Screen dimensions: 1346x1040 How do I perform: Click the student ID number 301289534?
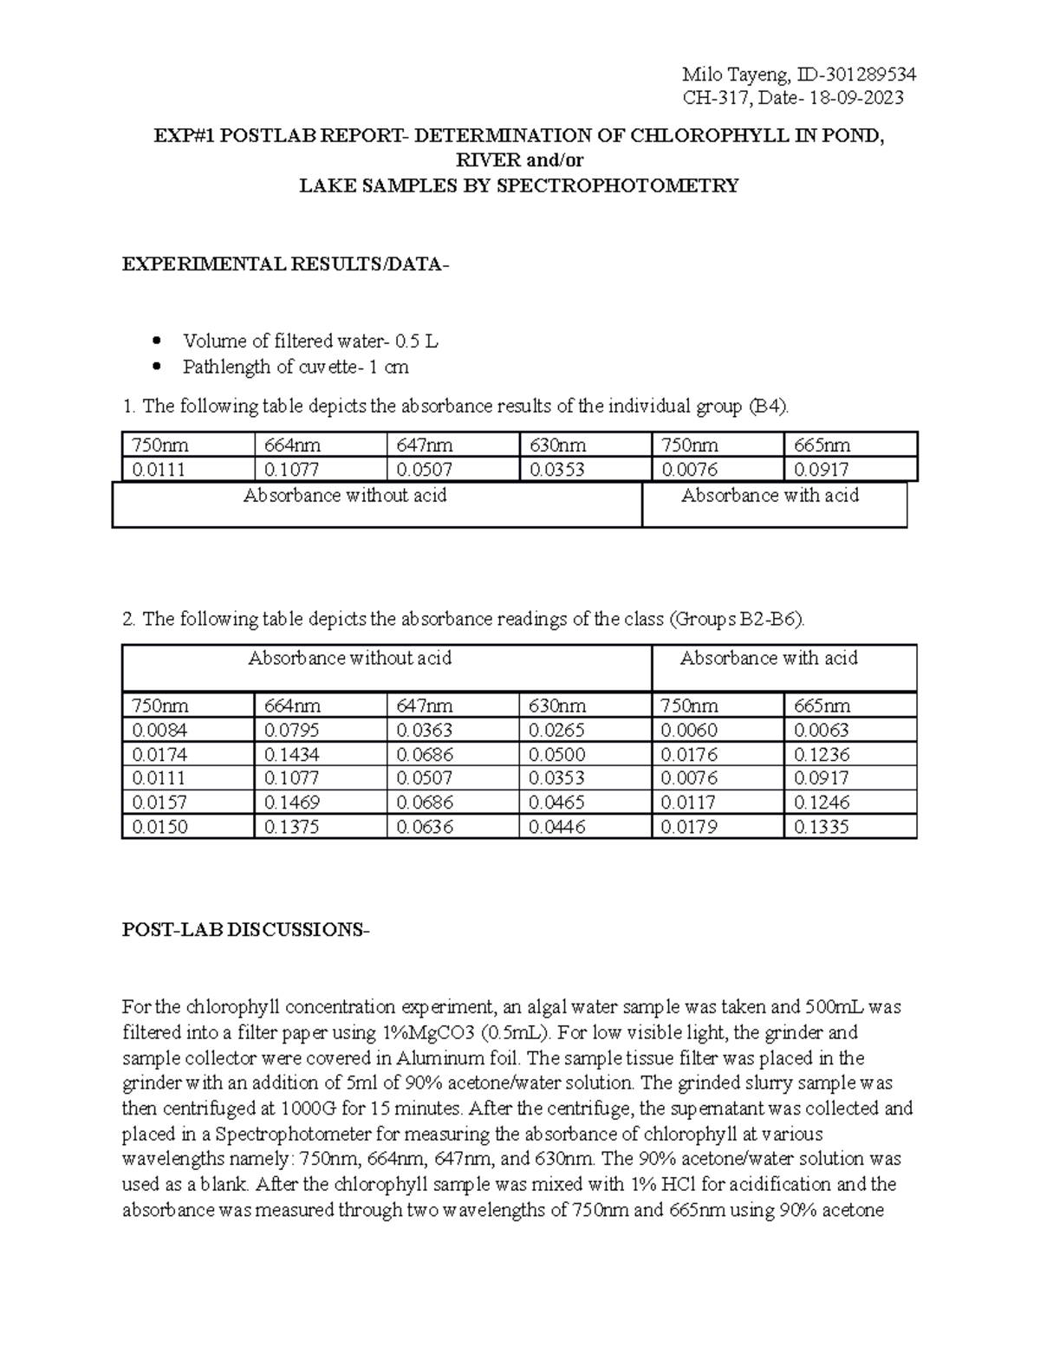click(867, 74)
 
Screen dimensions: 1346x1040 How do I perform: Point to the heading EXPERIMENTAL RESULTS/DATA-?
click(286, 264)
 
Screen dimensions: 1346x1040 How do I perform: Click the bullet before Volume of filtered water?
click(157, 341)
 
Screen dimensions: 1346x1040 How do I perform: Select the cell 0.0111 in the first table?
click(159, 470)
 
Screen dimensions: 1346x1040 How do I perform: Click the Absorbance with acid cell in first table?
click(770, 496)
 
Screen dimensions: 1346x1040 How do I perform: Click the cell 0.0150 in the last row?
click(159, 827)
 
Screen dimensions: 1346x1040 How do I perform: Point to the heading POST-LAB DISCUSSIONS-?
click(245, 930)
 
